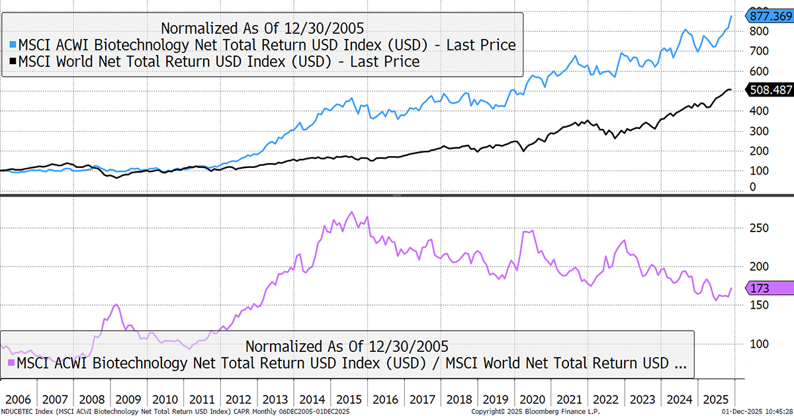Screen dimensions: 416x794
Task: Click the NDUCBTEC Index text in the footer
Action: pyautogui.click(x=30, y=411)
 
